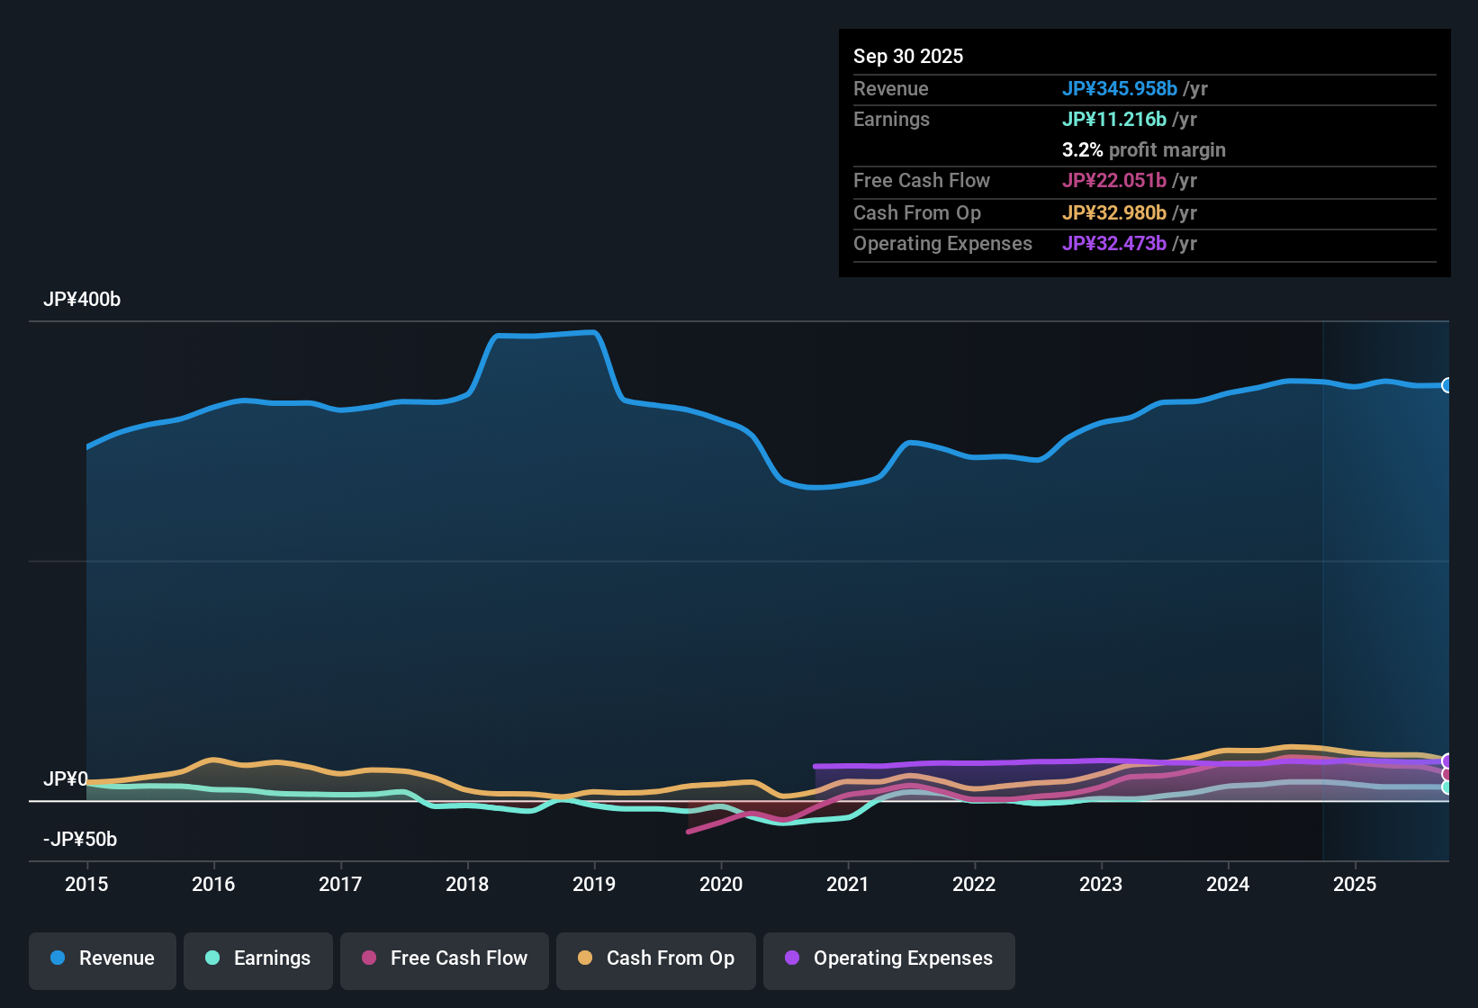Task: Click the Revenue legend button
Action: coord(103,958)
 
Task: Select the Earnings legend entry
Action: coord(258,958)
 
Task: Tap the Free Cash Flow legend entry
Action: coord(445,958)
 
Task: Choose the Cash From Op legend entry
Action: coord(656,958)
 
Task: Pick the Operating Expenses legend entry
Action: coord(889,958)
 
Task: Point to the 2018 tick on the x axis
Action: coord(467,884)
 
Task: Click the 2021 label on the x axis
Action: coord(848,884)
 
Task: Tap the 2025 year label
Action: coord(1355,884)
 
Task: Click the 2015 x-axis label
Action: coord(86,884)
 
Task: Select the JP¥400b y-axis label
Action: coord(82,300)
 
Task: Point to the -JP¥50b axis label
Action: coord(80,840)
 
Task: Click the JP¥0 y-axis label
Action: coord(66,779)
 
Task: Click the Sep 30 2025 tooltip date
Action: coord(908,57)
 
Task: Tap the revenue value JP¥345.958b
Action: coord(1120,89)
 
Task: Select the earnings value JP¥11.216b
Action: coord(1114,120)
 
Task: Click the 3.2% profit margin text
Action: coord(1144,150)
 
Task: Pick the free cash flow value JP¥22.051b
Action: coord(1114,181)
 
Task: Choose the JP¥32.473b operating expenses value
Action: coord(1114,244)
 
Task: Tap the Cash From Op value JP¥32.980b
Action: coord(1114,213)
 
